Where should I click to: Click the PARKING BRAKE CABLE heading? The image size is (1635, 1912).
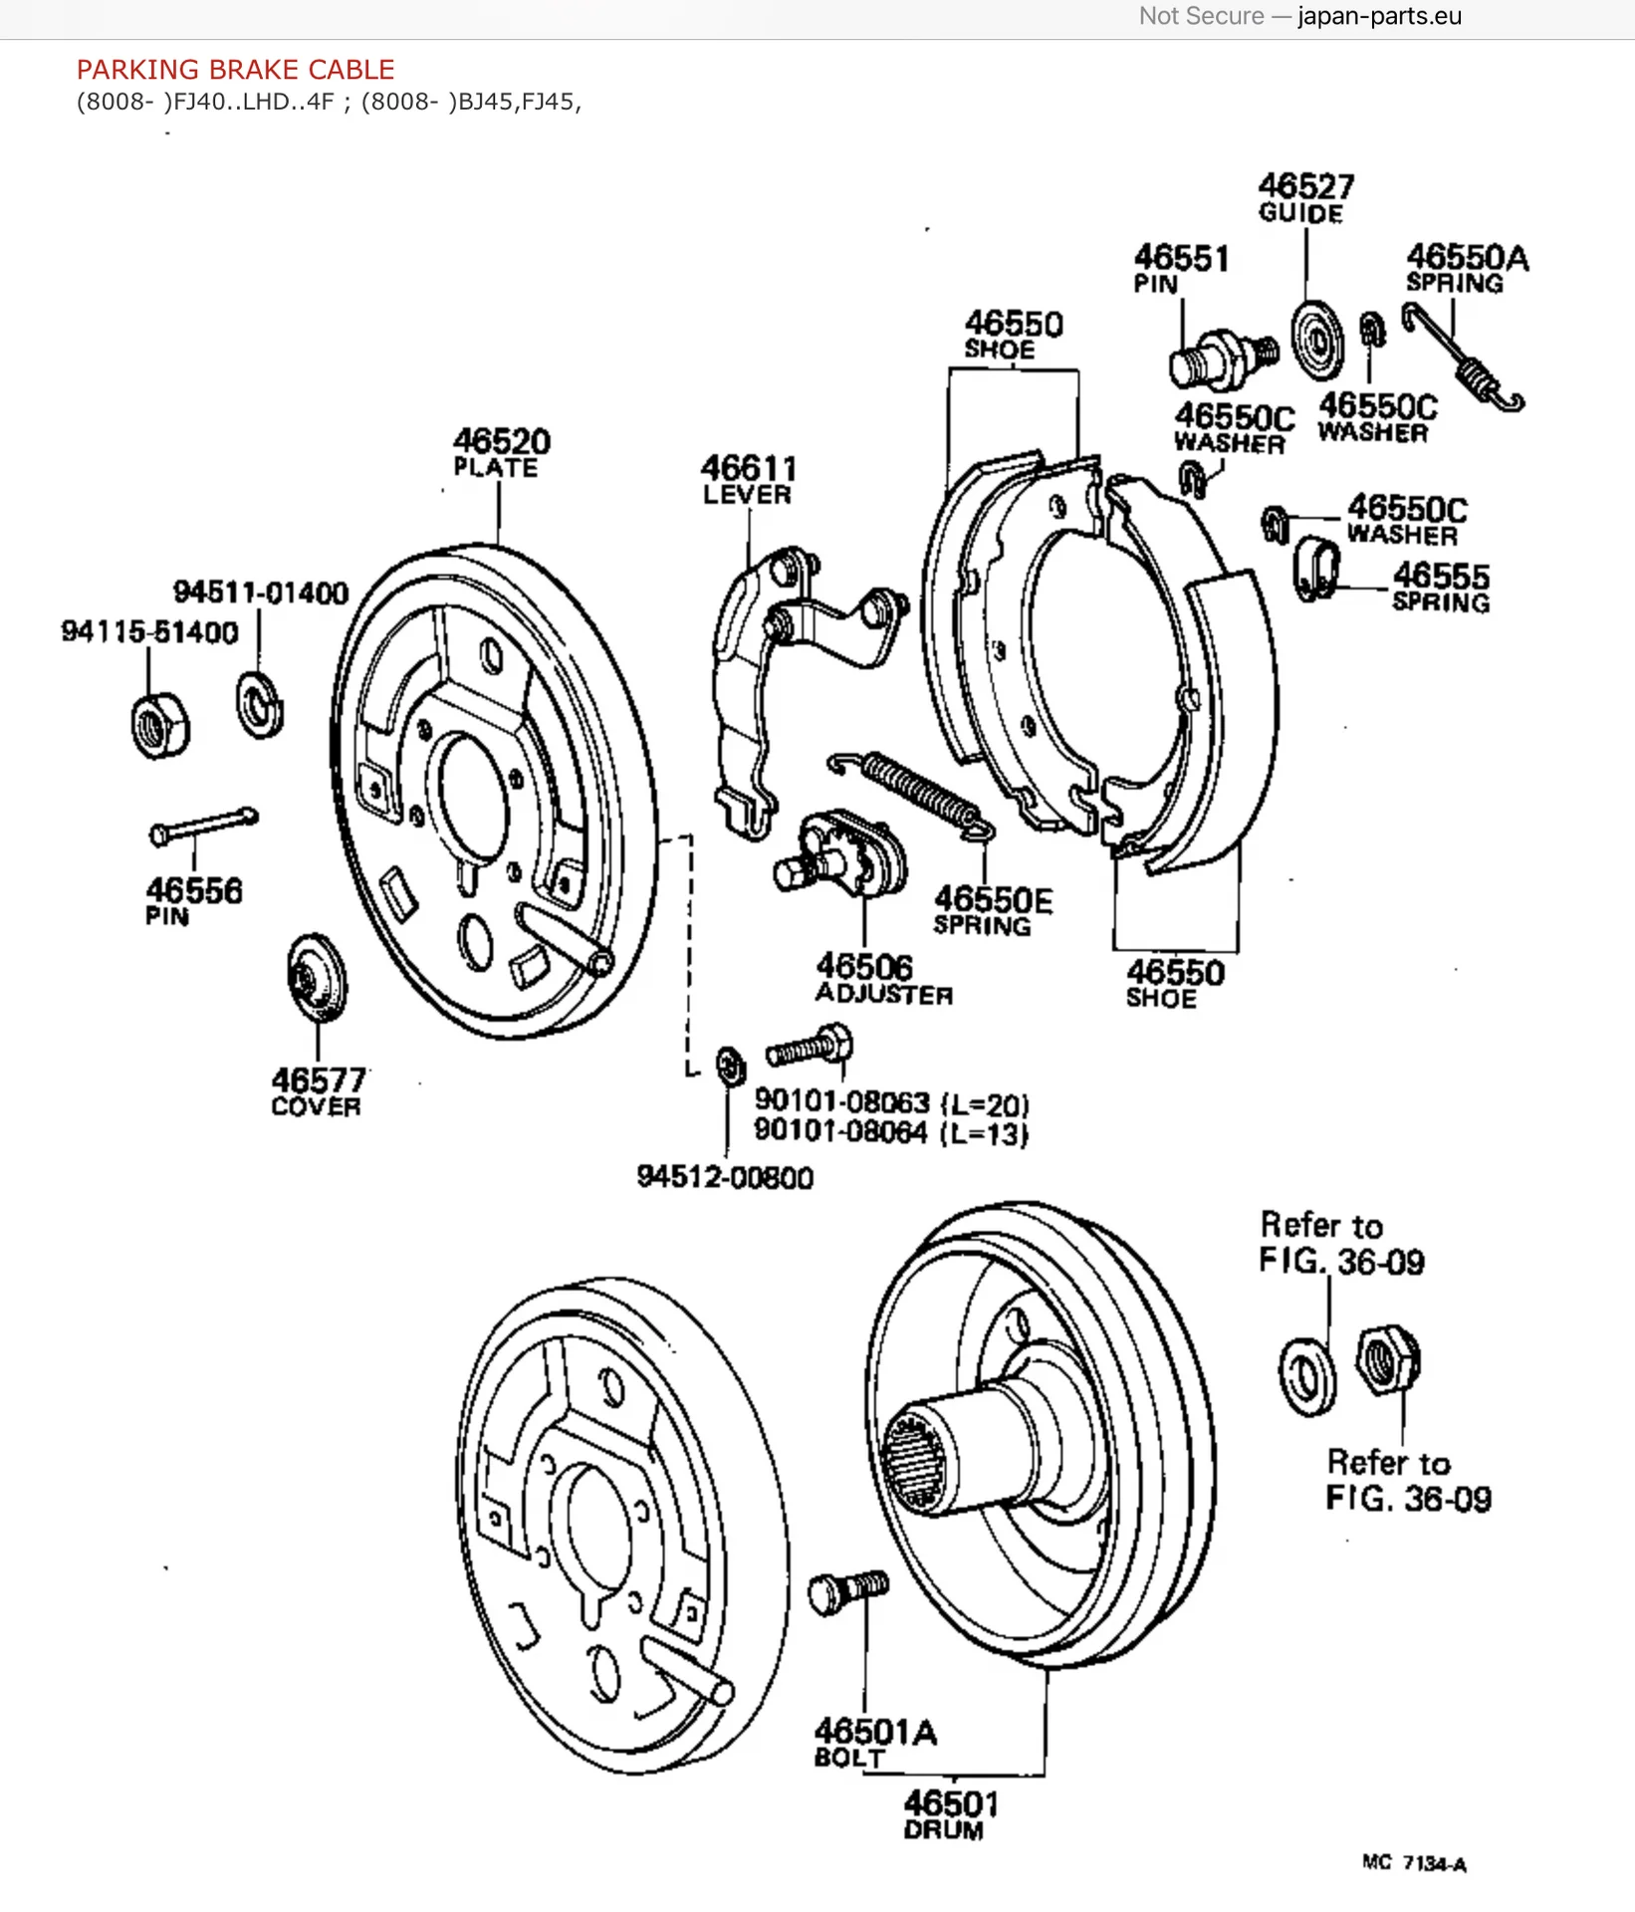pyautogui.click(x=236, y=70)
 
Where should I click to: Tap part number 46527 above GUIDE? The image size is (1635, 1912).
pyautogui.click(x=1305, y=186)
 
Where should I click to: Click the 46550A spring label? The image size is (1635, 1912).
pyautogui.click(x=1467, y=269)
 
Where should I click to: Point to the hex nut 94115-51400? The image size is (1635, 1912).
pyautogui.click(x=159, y=725)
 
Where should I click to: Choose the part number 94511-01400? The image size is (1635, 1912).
pyautogui.click(x=261, y=593)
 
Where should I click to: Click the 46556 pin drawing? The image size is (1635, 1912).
pyautogui.click(x=204, y=826)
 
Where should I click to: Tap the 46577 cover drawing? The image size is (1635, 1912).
pyautogui.click(x=316, y=977)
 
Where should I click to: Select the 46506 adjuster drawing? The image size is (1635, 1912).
pyautogui.click(x=840, y=854)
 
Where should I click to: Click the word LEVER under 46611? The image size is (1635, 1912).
pyautogui.click(x=747, y=495)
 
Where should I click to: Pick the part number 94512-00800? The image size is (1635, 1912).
pyautogui.click(x=725, y=1177)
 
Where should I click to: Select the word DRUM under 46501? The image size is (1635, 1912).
pyautogui.click(x=943, y=1830)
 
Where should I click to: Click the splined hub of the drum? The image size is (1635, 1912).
pyautogui.click(x=921, y=1460)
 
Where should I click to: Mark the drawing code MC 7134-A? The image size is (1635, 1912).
pyautogui.click(x=1414, y=1863)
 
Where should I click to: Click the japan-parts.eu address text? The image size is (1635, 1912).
pyautogui.click(x=1379, y=17)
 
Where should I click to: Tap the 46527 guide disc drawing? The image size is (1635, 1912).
pyautogui.click(x=1316, y=340)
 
